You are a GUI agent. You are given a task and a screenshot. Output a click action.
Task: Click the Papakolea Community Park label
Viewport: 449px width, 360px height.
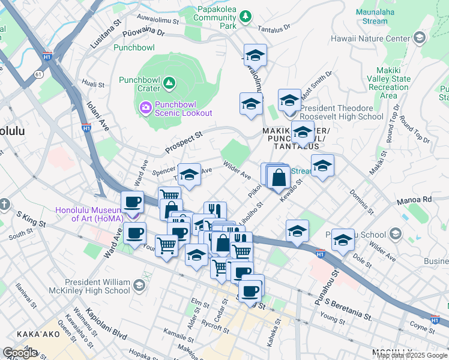coord(217,18)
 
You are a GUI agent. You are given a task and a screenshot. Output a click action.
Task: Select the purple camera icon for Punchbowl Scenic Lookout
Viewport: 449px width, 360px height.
coord(145,107)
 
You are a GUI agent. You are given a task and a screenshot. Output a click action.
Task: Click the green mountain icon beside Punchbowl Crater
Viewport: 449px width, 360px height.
coord(170,83)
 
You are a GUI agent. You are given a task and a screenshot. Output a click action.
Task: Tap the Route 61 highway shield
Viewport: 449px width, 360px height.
coord(39,74)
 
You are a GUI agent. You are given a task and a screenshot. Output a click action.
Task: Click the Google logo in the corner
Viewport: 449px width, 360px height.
coord(20,353)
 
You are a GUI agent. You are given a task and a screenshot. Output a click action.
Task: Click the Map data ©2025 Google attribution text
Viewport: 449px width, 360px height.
coord(411,355)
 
